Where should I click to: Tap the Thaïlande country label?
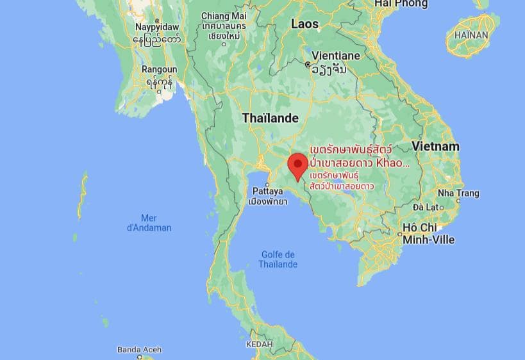coord(270,118)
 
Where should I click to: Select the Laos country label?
coord(304,24)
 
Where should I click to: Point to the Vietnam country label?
coord(436,146)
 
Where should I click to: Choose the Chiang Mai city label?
coord(224,16)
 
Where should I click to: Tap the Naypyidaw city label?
coord(157,27)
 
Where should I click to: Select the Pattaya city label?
coord(267,191)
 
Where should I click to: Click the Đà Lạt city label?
coord(425,207)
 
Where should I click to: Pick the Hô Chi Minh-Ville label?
coord(429,233)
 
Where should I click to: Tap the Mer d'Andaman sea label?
coord(149,222)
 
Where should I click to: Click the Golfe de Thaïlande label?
coord(278,259)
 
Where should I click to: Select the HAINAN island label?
coord(471,35)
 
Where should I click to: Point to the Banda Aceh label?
coord(139,350)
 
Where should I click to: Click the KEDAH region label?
coord(259,345)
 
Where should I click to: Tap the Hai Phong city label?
coord(401,4)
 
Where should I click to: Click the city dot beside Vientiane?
coord(308,65)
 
